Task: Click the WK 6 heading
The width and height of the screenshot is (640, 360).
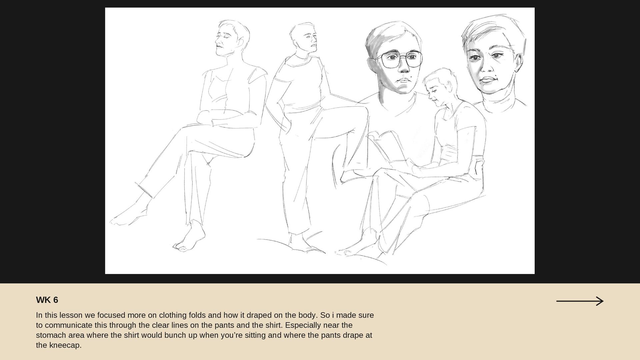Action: point(47,300)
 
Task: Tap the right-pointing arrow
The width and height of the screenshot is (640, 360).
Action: point(580,301)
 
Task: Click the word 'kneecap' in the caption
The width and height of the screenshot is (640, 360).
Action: point(65,345)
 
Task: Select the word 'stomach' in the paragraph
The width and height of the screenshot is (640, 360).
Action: point(51,335)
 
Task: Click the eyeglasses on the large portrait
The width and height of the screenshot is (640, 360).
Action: point(399,59)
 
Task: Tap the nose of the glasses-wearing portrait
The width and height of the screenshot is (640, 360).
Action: point(404,67)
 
